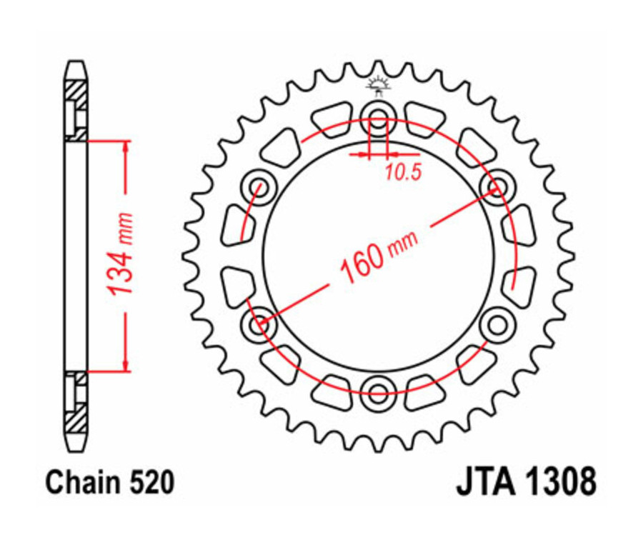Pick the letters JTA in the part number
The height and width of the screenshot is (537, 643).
[486, 482]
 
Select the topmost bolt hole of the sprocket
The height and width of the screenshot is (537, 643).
[377, 119]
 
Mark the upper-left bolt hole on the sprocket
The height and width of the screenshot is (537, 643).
[259, 188]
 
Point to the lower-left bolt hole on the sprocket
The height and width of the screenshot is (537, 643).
[259, 325]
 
